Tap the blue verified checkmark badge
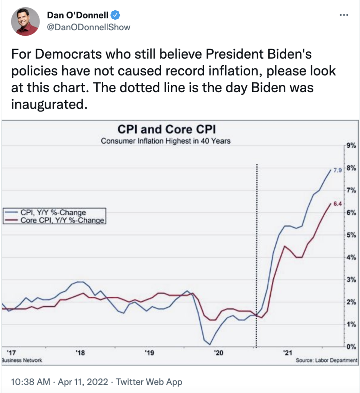tap(116, 15)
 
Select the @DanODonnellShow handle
tap(89, 27)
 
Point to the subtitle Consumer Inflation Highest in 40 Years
tap(165, 141)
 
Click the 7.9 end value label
tap(337, 170)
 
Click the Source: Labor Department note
tap(327, 361)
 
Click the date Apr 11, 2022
tap(83, 382)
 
